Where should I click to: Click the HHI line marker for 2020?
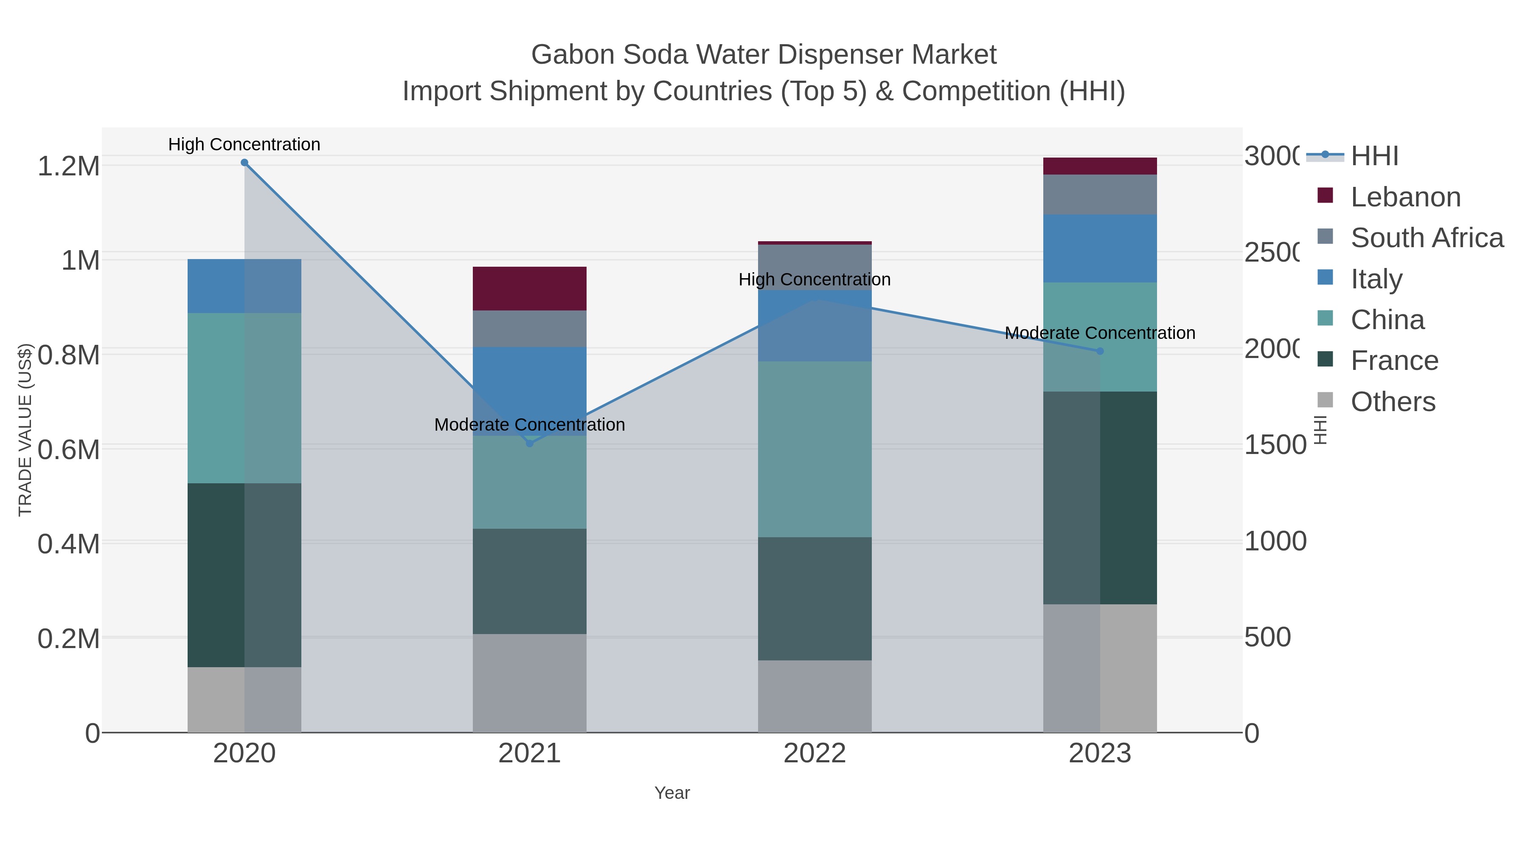click(x=244, y=163)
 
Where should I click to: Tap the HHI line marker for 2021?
click(x=530, y=443)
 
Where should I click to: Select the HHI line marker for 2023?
click(x=1100, y=351)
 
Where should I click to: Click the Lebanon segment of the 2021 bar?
click(x=530, y=288)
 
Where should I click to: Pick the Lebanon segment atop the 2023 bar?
click(x=1100, y=166)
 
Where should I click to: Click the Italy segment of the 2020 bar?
click(x=244, y=286)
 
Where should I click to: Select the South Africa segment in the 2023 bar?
click(x=1100, y=195)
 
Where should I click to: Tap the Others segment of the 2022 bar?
click(x=815, y=696)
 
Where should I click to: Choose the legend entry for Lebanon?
click(x=1405, y=197)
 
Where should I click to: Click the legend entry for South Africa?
click(x=1427, y=238)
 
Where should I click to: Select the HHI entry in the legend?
click(x=1374, y=156)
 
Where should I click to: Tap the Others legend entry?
click(x=1392, y=402)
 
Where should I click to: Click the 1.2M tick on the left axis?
click(x=68, y=166)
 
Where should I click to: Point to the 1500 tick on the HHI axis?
click(x=1275, y=445)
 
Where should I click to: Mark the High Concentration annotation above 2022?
click(x=815, y=279)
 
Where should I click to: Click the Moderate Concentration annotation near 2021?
click(x=530, y=425)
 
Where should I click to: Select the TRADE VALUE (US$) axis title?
click(x=25, y=430)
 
